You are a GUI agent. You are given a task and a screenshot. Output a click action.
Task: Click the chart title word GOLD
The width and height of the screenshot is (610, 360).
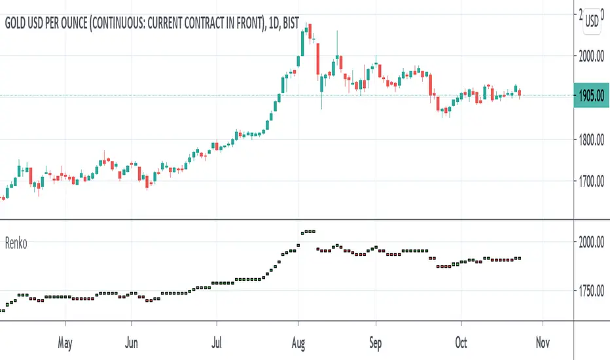[18, 23]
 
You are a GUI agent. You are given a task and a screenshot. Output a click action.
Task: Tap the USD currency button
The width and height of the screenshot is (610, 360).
[592, 20]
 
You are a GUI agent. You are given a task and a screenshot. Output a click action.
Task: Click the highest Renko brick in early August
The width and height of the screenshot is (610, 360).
[308, 231]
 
